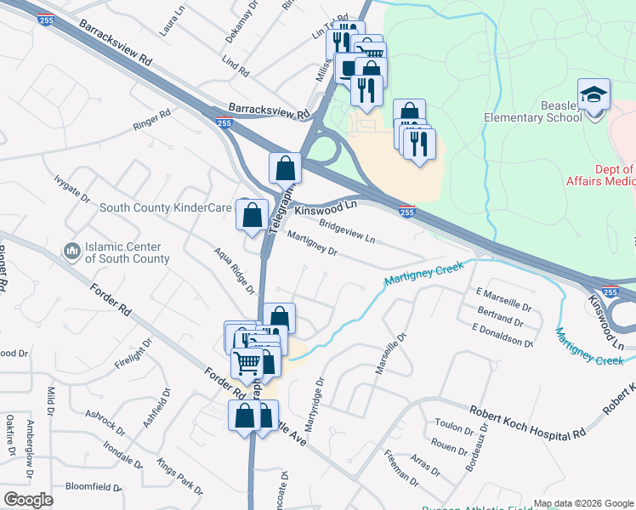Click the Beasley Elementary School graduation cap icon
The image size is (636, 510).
coord(594,93)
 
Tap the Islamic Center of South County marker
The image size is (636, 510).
coord(72,251)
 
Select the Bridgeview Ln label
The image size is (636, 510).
coord(348,231)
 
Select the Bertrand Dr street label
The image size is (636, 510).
coord(500,318)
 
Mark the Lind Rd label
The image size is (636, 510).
coord(235,66)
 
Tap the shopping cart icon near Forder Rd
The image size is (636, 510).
coord(247,363)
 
